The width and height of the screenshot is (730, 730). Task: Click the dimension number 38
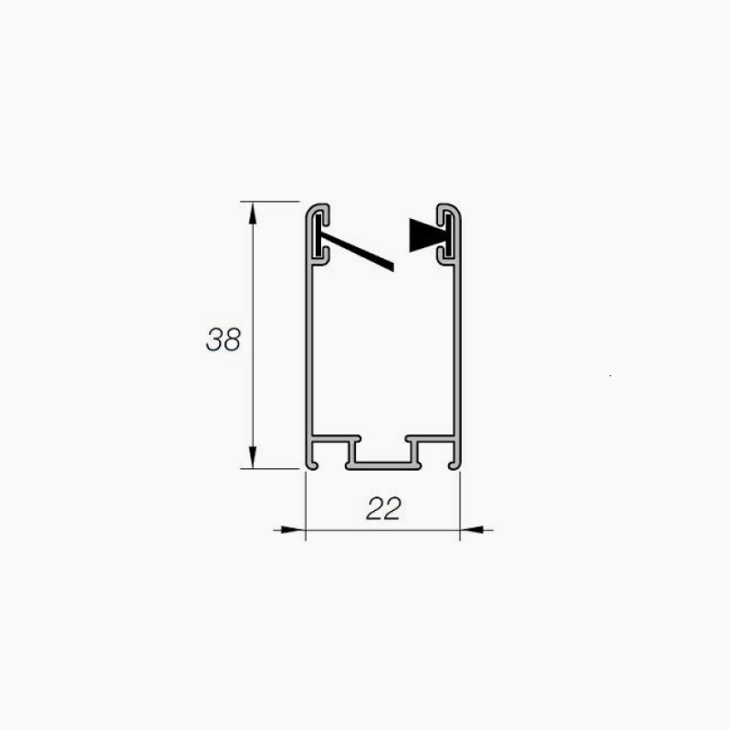coord(224,339)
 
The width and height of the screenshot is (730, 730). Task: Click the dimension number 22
coord(383,509)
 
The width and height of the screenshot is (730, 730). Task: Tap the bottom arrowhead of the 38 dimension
coord(253,457)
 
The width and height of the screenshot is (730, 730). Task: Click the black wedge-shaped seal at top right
coord(428,235)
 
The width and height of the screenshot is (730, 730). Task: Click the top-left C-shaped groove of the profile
coord(318,234)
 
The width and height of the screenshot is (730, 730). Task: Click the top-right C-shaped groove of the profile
coord(448,234)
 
